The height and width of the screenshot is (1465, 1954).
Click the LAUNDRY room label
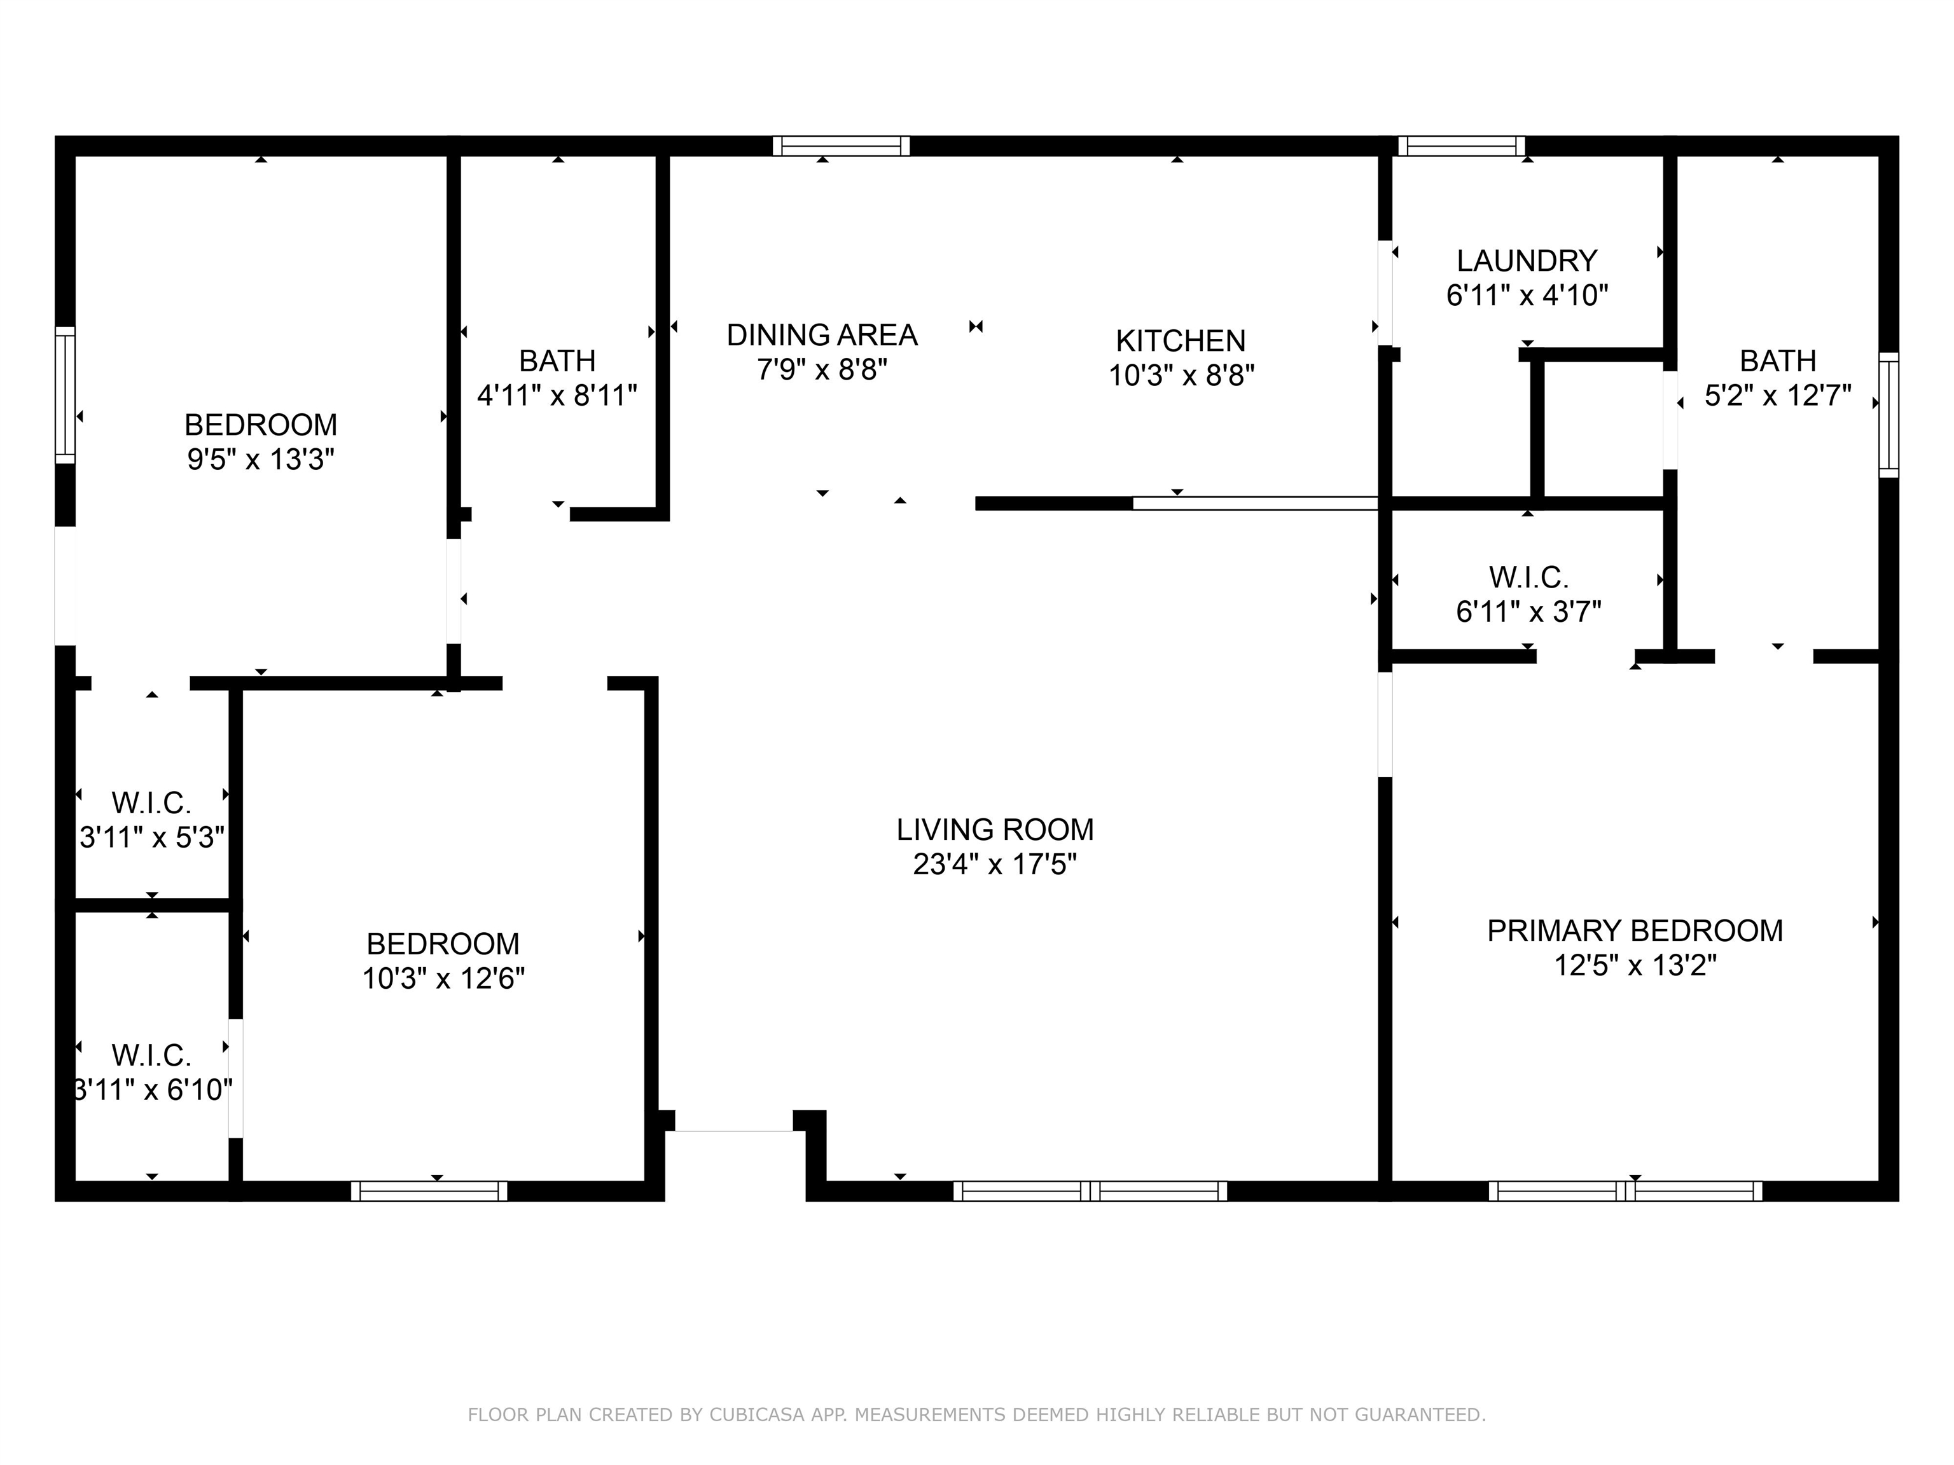1527,261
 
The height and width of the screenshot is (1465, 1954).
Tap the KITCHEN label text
1180,341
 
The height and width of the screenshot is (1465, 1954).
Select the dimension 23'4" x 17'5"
995,863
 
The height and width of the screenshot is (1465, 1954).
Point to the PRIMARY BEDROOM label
1634,931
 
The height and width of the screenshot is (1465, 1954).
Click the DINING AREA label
822,334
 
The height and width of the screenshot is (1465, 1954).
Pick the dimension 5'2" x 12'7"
1777,395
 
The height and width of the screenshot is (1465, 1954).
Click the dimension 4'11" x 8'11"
557,395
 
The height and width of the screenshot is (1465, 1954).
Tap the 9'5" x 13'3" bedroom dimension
261,459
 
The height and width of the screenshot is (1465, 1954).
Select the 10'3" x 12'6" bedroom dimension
443,979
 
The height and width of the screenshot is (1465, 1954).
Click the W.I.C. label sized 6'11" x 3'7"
1528,577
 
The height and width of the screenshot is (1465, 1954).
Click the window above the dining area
841,146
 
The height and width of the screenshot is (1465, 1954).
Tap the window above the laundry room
1461,146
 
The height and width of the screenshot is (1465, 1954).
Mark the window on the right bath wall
1888,415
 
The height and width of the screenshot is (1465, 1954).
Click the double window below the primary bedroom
1625,1190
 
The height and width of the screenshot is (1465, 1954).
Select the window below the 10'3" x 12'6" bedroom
429,1190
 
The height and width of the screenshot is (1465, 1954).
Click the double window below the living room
1089,1190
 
